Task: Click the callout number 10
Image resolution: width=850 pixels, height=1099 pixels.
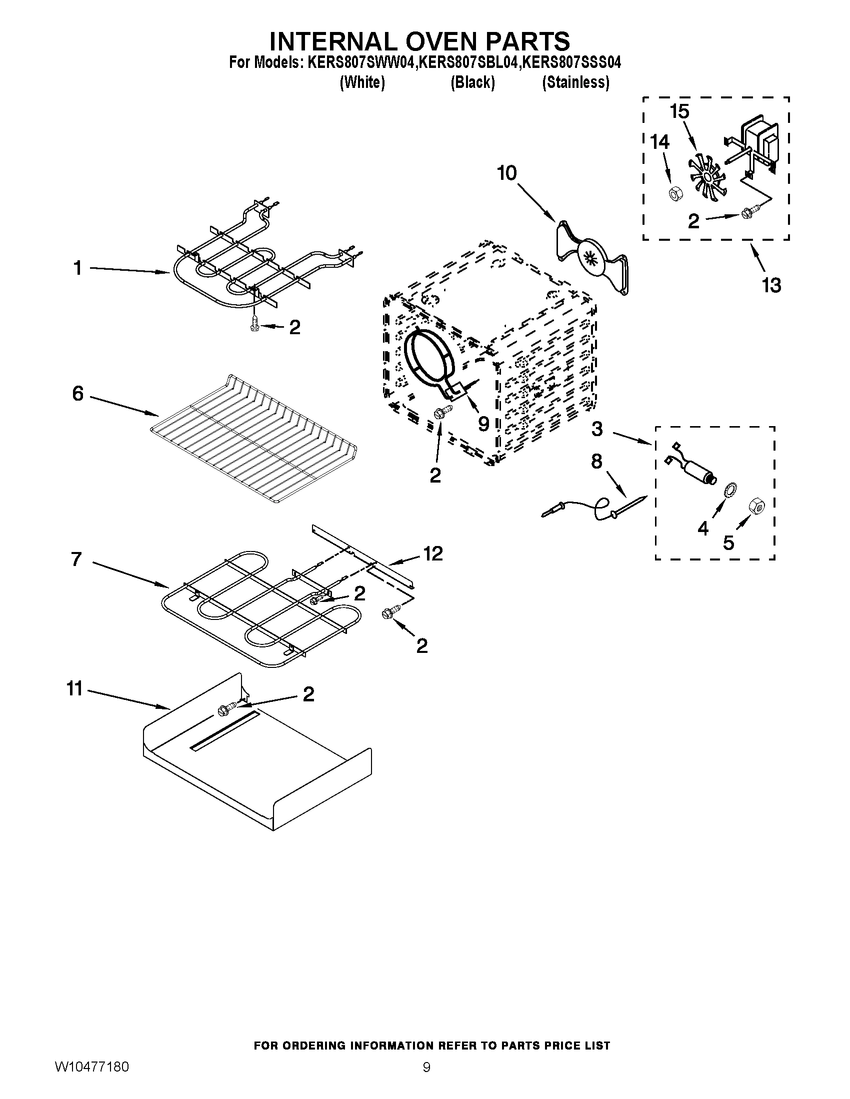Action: pos(506,173)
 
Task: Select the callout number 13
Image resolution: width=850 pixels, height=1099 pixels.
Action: pos(771,285)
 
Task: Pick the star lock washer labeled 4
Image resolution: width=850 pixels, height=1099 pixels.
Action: pos(728,490)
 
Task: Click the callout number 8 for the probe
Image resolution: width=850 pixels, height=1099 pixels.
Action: pos(596,461)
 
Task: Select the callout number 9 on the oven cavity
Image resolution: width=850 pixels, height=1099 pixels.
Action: pos(483,424)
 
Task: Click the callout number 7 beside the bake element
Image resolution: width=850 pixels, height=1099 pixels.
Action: pos(76,559)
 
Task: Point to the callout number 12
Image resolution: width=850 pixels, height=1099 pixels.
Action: pos(432,553)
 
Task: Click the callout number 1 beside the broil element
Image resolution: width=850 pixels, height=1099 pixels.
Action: pos(77,268)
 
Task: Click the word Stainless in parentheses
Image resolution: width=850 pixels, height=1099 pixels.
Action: pos(575,82)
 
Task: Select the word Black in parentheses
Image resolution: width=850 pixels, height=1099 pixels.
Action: pos(472,82)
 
